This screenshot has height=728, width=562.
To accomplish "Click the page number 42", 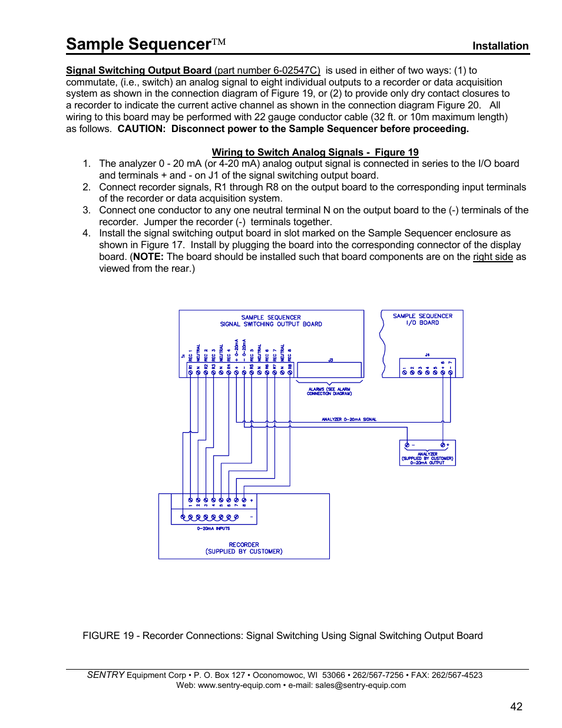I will [x=516, y=706].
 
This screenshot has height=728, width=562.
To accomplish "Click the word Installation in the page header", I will [x=500, y=46].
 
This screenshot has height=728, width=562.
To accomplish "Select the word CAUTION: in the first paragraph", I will [x=141, y=129].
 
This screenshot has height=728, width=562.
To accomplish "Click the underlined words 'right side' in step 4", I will [x=492, y=256].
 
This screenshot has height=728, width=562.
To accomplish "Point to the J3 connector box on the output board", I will [x=329, y=370].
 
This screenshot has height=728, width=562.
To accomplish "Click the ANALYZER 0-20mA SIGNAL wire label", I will [x=349, y=419].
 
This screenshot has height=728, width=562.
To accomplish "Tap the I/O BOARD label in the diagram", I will [x=422, y=322].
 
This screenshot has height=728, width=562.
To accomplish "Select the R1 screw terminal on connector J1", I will [x=190, y=373].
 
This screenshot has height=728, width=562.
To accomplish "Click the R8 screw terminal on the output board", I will [x=290, y=373].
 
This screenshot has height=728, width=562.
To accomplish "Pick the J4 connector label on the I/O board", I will [x=427, y=355].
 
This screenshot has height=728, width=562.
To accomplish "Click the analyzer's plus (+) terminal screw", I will [x=443, y=445].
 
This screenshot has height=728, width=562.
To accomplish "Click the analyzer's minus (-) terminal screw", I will [x=407, y=445].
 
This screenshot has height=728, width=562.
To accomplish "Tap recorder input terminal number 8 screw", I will [x=244, y=499].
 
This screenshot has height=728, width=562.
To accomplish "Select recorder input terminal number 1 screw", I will [x=190, y=499].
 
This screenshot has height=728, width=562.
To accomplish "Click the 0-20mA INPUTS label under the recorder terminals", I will [x=213, y=528].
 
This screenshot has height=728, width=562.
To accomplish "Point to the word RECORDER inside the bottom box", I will [x=244, y=545].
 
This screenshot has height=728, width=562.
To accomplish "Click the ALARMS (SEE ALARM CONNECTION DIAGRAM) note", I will [x=329, y=391].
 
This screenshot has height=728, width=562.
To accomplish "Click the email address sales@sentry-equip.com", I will [x=360, y=685].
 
